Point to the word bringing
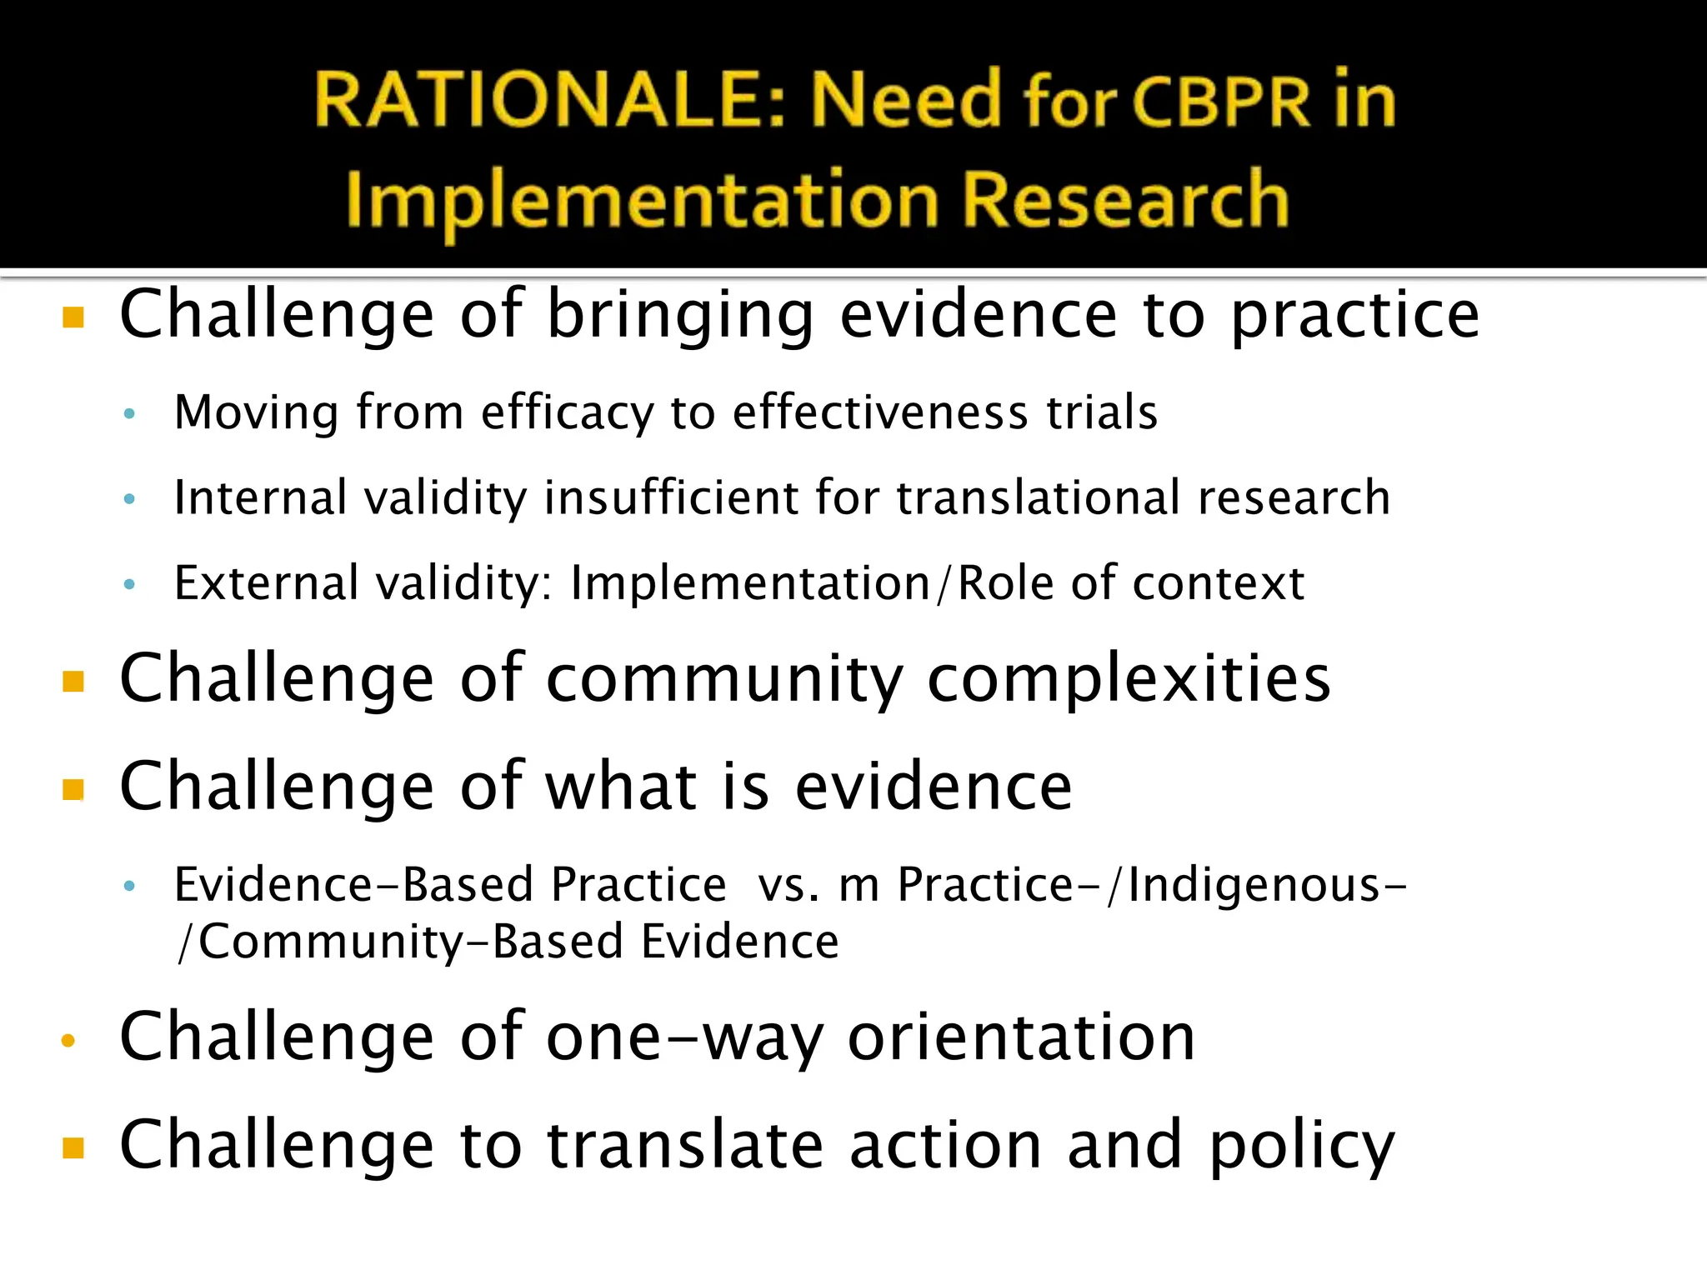679,317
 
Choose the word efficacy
567,413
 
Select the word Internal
259,497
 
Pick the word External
266,582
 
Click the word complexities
1129,679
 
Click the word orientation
1021,1037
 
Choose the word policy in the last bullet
1301,1147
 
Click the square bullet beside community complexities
73,682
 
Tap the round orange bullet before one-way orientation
68,1040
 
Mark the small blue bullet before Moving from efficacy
128,413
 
